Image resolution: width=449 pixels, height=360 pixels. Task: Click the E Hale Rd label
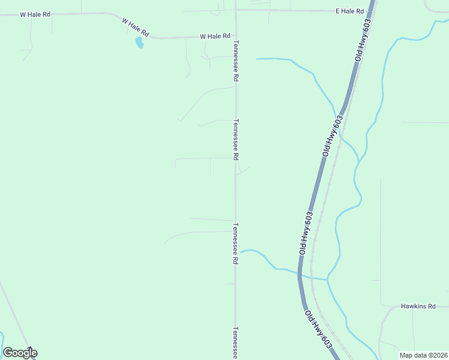pos(350,11)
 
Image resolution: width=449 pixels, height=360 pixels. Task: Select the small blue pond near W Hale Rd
pos(139,43)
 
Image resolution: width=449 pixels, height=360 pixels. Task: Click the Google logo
pos(20,353)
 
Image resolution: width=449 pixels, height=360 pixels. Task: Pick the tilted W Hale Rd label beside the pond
pos(135,27)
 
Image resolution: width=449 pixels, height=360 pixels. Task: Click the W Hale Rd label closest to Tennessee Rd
pos(215,36)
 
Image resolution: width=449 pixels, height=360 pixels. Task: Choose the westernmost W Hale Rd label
pos(35,14)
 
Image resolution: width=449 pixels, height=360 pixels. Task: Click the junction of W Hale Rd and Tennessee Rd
pos(235,36)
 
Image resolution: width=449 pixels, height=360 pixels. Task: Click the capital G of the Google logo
pos(8,353)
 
